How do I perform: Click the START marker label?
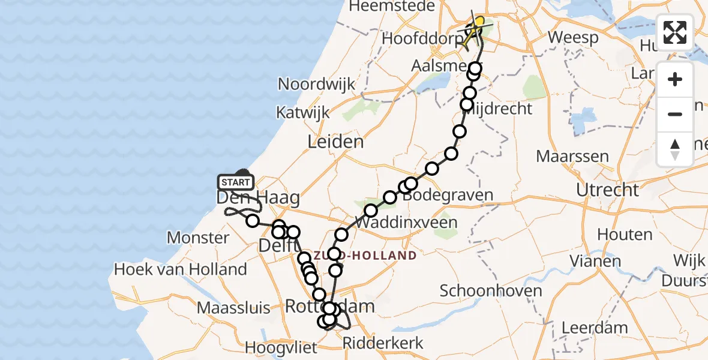[236, 182]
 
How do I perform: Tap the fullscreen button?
[675, 32]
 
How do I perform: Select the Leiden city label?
[335, 142]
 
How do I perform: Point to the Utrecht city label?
[607, 190]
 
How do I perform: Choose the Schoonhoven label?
[491, 291]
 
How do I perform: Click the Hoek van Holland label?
[180, 269]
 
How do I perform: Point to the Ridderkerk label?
[383, 343]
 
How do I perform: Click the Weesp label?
[573, 37]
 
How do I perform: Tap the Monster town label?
[198, 238]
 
